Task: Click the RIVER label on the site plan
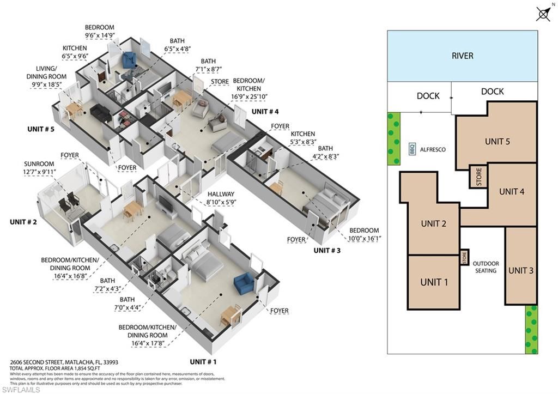(x=462, y=56)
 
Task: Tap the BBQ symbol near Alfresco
(x=412, y=149)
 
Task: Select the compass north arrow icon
(x=542, y=14)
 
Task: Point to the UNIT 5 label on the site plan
(x=497, y=142)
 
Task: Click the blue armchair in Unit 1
(x=243, y=284)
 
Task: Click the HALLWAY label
(x=220, y=194)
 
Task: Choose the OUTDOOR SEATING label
(x=486, y=267)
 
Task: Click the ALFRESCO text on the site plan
(x=434, y=149)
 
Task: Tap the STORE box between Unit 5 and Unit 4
(x=478, y=176)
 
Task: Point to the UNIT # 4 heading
(x=265, y=112)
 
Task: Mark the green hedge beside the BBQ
(x=393, y=138)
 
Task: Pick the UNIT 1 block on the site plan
(x=434, y=282)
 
